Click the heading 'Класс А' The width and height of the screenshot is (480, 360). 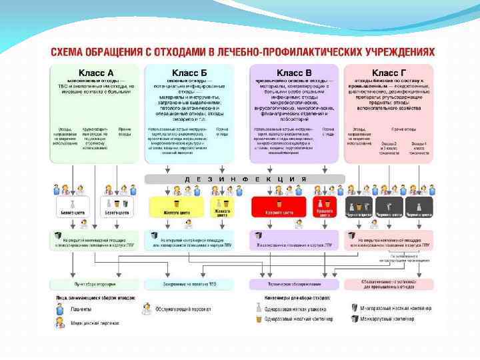click(x=96, y=72)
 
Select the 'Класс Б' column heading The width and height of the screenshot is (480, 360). click(x=189, y=72)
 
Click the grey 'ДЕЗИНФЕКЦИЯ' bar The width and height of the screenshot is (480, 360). click(x=245, y=179)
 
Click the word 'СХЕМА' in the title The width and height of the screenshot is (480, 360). click(x=70, y=52)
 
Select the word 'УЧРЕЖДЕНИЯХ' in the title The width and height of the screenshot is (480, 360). click(x=400, y=52)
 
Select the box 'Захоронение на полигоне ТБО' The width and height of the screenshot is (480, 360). click(x=189, y=284)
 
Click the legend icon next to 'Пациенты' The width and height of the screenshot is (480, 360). click(x=59, y=309)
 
